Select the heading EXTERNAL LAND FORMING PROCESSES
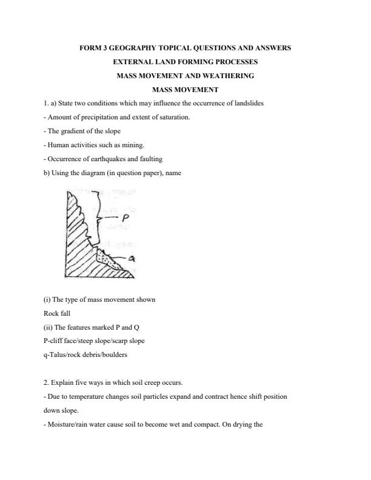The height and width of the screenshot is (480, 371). tap(185, 62)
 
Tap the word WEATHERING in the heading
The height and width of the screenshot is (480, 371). tap(226, 76)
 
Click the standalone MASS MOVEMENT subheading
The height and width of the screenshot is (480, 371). tap(185, 90)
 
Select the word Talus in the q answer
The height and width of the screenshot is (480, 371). tap(58, 355)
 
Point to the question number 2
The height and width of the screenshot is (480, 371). tap(46, 383)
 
